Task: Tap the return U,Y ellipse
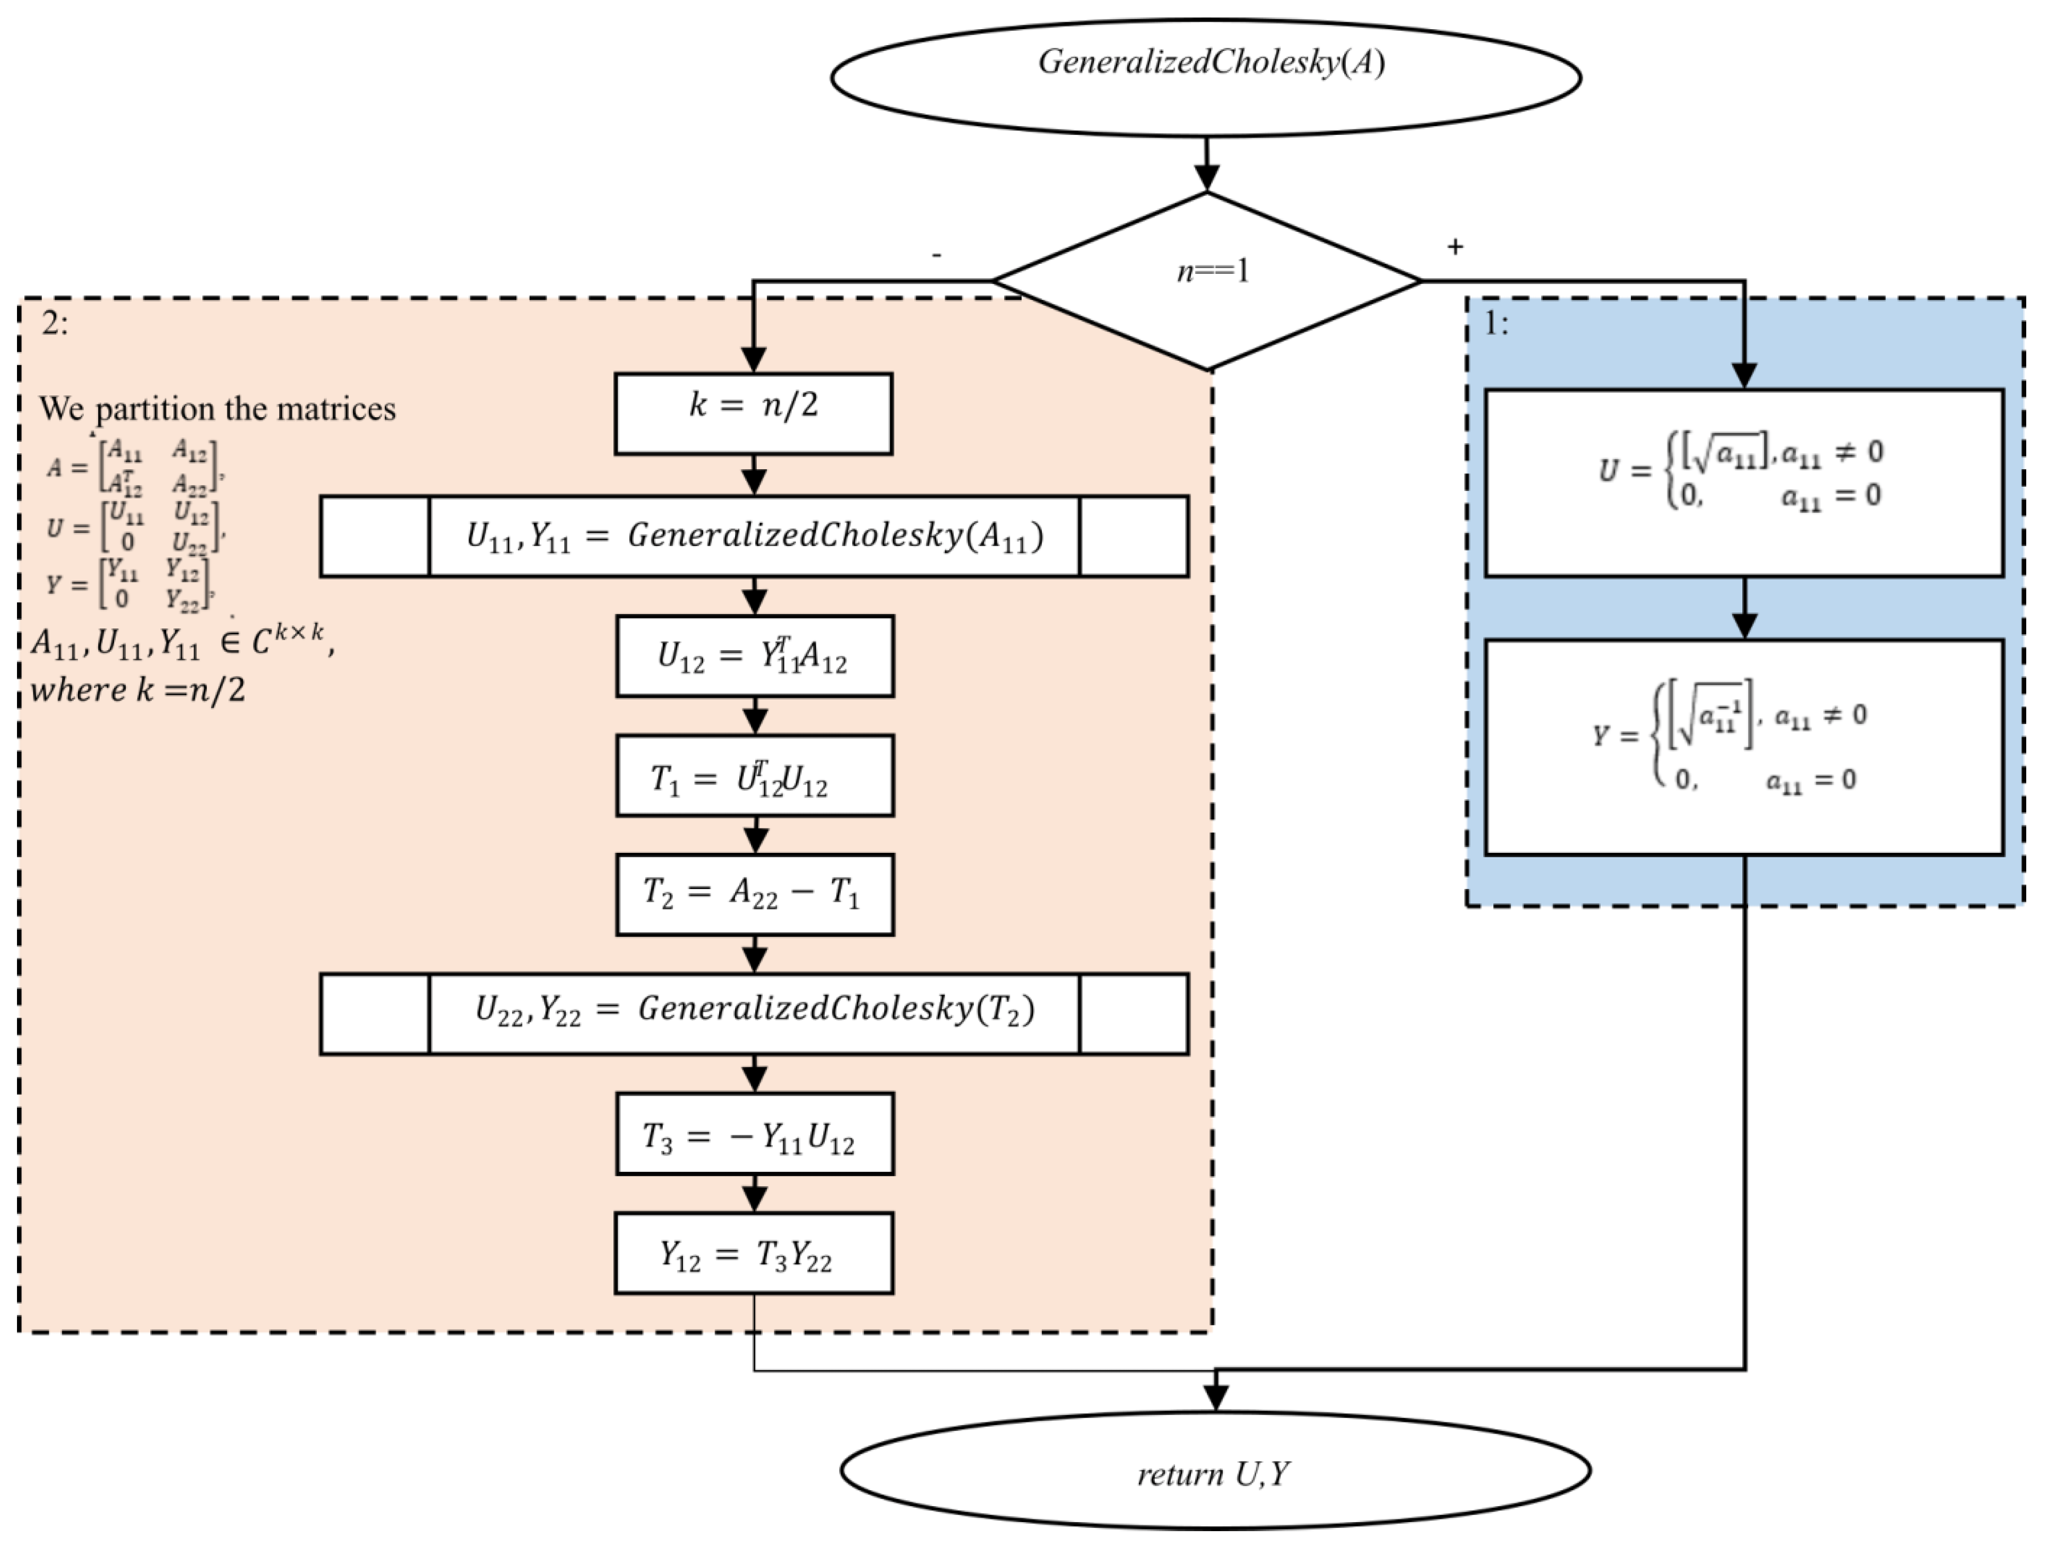1215,1470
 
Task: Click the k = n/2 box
754,413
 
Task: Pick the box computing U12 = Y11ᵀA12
755,655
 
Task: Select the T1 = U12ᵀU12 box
755,776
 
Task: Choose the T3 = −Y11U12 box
755,1134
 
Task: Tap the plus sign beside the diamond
1455,246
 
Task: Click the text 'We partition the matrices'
217,408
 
